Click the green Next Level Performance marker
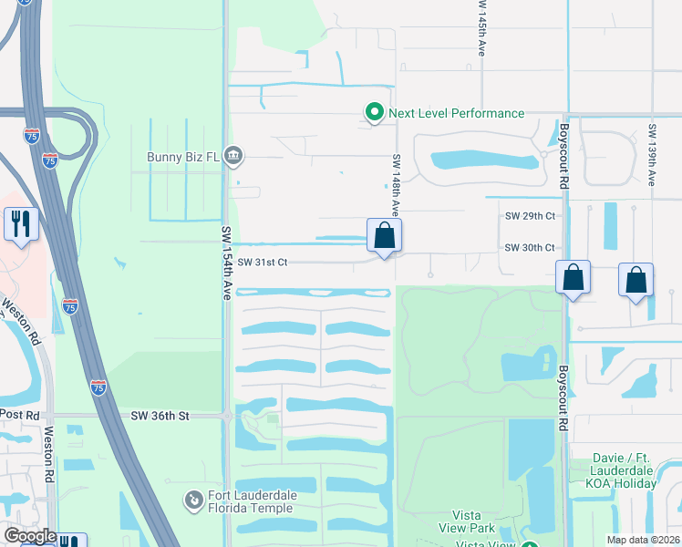(x=374, y=113)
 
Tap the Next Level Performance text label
(x=456, y=113)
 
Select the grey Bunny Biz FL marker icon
(x=233, y=156)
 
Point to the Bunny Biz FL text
(x=183, y=156)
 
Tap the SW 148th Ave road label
(x=398, y=187)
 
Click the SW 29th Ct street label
(x=530, y=216)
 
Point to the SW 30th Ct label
(x=530, y=248)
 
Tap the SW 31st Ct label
(x=263, y=262)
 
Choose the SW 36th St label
(x=160, y=416)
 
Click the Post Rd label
(x=20, y=415)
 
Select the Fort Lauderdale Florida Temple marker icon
(x=192, y=500)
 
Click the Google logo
(x=29, y=537)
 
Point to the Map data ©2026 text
(x=642, y=540)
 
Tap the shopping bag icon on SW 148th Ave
(x=385, y=237)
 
